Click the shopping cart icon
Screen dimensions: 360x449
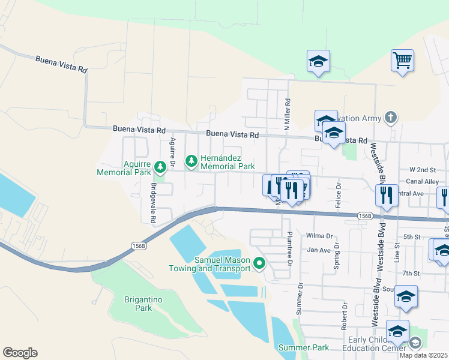402,60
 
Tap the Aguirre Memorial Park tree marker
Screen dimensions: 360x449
160,166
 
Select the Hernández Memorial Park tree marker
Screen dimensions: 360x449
191,160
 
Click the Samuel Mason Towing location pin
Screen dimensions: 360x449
259,263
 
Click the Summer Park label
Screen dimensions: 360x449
304,347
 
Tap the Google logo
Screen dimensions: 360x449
20,353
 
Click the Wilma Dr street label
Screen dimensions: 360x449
319,236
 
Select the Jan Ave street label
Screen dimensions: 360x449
319,250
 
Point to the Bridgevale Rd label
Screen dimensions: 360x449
153,203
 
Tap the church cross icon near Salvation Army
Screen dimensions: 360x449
391,118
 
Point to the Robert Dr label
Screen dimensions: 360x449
345,316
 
